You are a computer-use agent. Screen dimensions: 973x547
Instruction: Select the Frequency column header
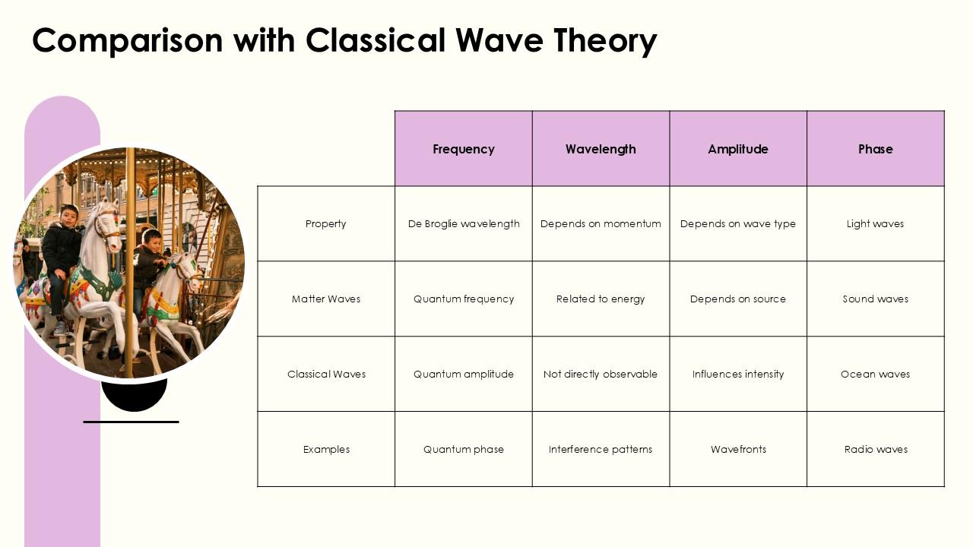[464, 149]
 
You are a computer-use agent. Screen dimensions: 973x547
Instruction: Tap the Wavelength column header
[601, 149]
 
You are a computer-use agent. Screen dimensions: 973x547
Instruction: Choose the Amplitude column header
[738, 149]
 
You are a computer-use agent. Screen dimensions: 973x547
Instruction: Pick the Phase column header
[875, 149]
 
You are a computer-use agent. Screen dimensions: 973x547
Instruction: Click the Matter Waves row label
[326, 299]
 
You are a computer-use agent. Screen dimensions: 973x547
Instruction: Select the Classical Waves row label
[326, 374]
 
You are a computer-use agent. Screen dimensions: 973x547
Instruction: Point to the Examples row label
[326, 449]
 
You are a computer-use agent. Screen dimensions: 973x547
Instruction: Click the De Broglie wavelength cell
[464, 223]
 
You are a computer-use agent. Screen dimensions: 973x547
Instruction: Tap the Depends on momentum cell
[601, 223]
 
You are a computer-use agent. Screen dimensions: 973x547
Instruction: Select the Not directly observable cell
[601, 374]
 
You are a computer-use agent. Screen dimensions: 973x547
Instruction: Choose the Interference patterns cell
[601, 449]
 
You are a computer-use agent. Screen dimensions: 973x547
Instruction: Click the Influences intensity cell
[738, 374]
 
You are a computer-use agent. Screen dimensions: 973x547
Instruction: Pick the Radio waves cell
[876, 449]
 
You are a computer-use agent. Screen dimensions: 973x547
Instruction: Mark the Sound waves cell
[875, 299]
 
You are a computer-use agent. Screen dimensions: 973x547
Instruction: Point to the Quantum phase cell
[464, 449]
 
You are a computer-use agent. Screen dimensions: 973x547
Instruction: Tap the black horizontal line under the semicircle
[131, 422]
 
